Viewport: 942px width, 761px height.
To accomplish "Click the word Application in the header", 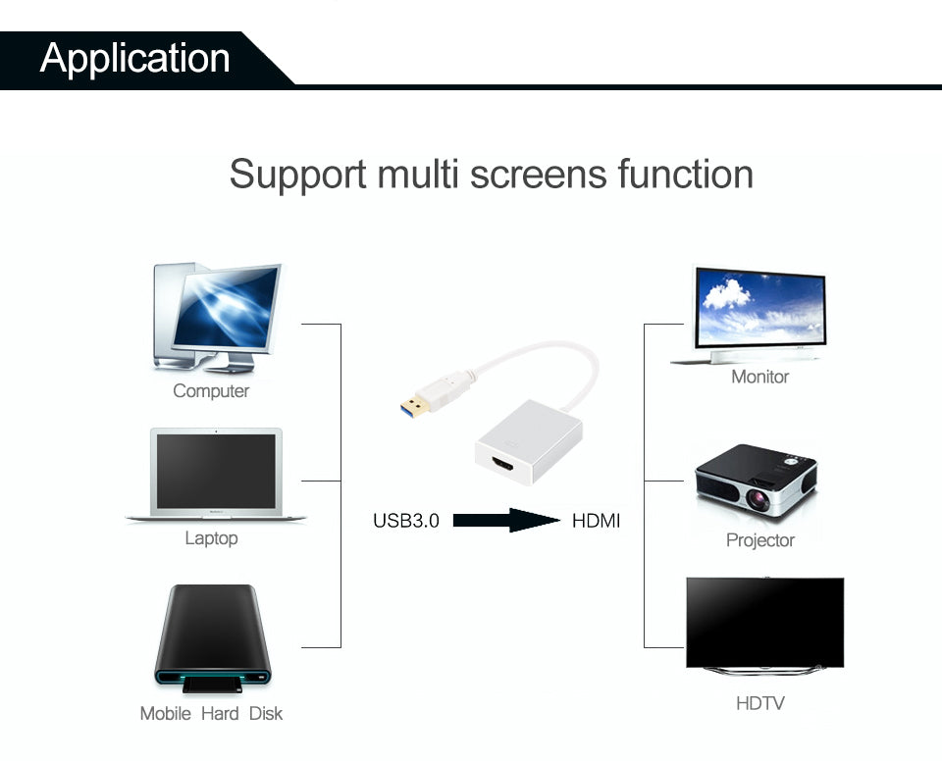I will pos(134,58).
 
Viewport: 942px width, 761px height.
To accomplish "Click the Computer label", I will pos(211,391).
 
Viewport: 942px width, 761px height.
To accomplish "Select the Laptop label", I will pos(211,538).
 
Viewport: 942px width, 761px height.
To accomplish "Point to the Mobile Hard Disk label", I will pos(211,713).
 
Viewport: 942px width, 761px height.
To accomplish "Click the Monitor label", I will pos(759,377).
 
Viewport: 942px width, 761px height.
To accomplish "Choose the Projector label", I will pos(759,540).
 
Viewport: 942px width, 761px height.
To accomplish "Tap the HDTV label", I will pos(759,703).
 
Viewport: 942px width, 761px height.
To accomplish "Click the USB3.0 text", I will pos(406,521).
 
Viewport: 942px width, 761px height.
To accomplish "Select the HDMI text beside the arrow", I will pos(596,521).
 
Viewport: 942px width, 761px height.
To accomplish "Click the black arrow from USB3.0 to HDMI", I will pos(505,521).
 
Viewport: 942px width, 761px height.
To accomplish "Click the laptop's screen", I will pos(216,471).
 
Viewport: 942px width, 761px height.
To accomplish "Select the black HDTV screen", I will pos(764,622).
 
